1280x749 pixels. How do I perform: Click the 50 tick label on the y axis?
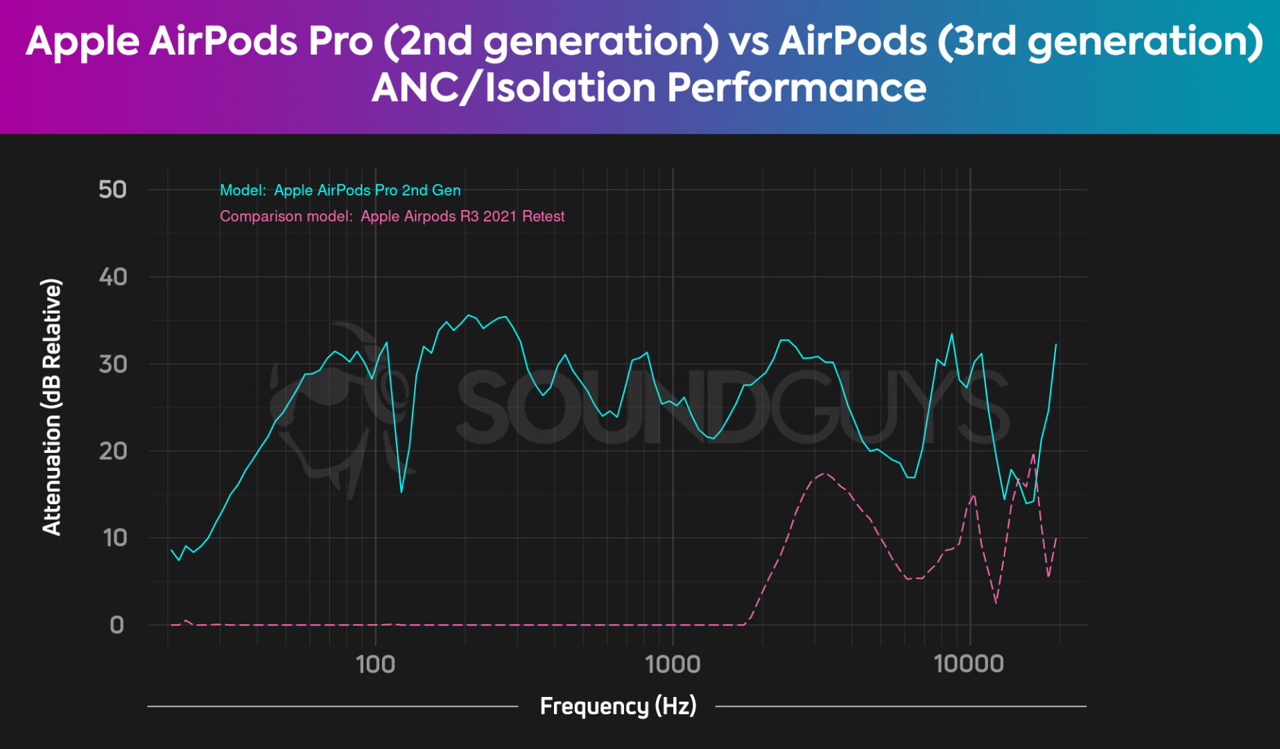112,189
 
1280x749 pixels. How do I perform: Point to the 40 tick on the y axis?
112,277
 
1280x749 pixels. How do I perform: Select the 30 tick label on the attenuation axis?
112,364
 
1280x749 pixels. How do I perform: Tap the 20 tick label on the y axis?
112,451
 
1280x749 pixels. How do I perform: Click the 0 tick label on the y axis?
116,625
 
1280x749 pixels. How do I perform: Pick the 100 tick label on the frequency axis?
375,664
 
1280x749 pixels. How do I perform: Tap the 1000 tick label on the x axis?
673,664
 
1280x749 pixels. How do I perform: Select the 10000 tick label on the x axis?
969,664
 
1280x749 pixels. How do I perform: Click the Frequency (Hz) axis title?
618,706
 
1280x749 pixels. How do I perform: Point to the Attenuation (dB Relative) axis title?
52,407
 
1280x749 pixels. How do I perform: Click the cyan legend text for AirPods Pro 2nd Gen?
340,190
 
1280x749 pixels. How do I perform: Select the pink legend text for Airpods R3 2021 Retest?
392,216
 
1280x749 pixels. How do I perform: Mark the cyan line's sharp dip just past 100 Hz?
401,492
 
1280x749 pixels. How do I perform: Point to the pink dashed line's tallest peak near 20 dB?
1033,455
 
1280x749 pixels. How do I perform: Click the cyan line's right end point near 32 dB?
1056,344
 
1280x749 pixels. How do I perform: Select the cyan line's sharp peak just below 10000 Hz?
951,334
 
